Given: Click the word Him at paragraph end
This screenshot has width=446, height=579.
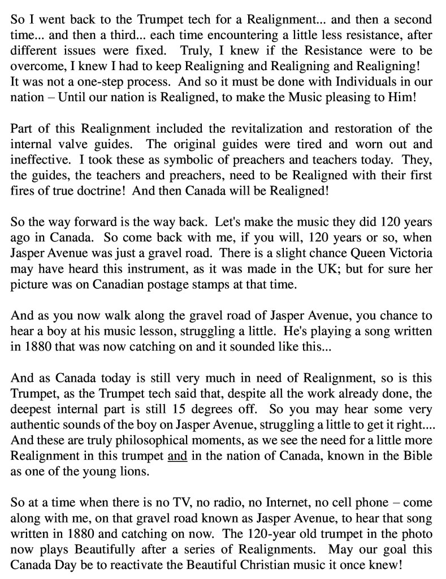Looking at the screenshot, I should [x=404, y=97].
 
